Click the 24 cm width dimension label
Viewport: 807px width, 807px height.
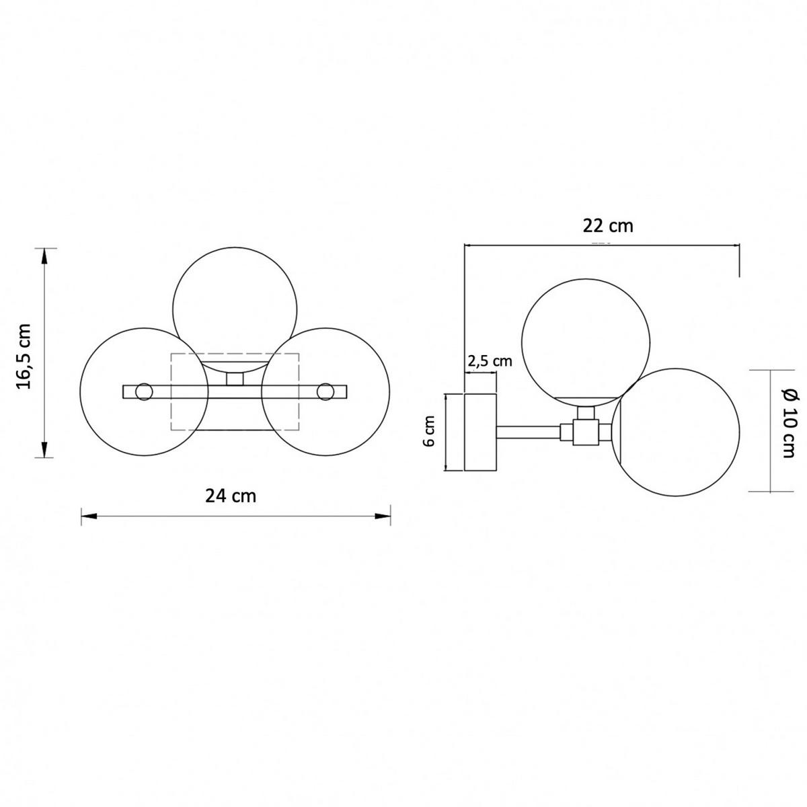coord(231,496)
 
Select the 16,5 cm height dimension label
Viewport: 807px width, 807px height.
coord(24,356)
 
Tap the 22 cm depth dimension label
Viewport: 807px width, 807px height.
coord(608,226)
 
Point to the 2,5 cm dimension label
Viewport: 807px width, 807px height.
coord(490,360)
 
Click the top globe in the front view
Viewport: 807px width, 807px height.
coord(235,309)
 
